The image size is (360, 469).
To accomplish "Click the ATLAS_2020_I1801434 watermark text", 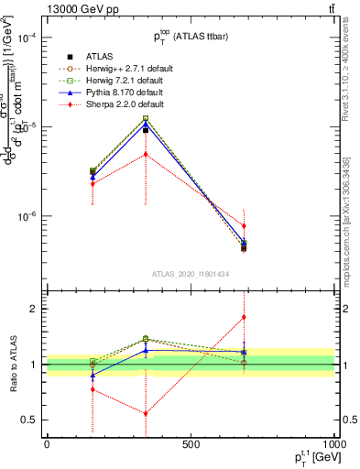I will pos(190,274).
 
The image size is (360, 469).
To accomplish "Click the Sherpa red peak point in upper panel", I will pos(145,154).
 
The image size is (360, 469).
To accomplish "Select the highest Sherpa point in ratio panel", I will pos(244,317).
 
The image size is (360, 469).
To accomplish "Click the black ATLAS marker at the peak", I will pos(145,130).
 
